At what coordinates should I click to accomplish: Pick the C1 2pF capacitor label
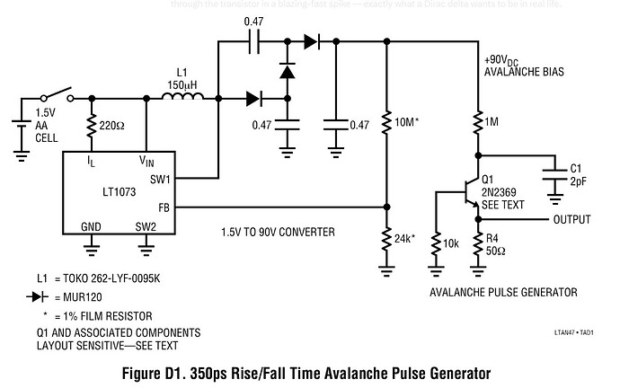[x=578, y=172]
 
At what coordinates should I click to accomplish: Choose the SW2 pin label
[x=146, y=226]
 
